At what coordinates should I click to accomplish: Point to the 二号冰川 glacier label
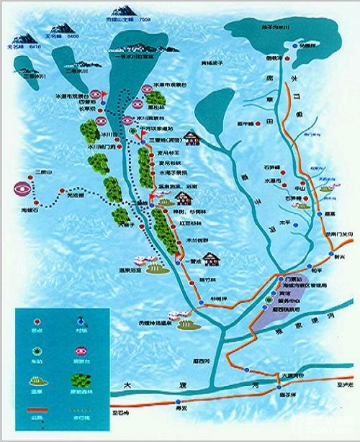pos(75,72)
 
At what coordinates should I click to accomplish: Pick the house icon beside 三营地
pos(192,136)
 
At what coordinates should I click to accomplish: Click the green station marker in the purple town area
pos(268,298)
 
